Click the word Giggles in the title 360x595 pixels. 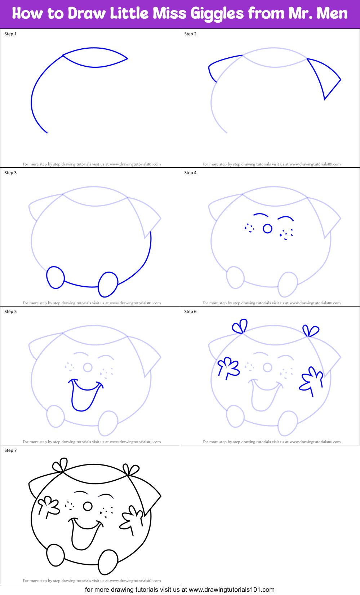click(x=217, y=14)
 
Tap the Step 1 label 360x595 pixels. click(x=10, y=34)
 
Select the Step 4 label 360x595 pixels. click(x=190, y=173)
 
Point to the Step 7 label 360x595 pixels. click(x=10, y=450)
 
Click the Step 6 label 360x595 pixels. click(x=190, y=312)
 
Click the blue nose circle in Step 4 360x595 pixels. click(x=267, y=229)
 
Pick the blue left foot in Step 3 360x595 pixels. click(x=55, y=277)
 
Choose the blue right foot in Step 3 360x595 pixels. click(x=108, y=284)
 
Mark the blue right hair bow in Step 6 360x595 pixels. click(x=310, y=331)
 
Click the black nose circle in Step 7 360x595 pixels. click(x=88, y=506)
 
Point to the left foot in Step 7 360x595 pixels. click(x=55, y=555)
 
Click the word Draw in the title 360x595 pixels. click(x=87, y=14)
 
